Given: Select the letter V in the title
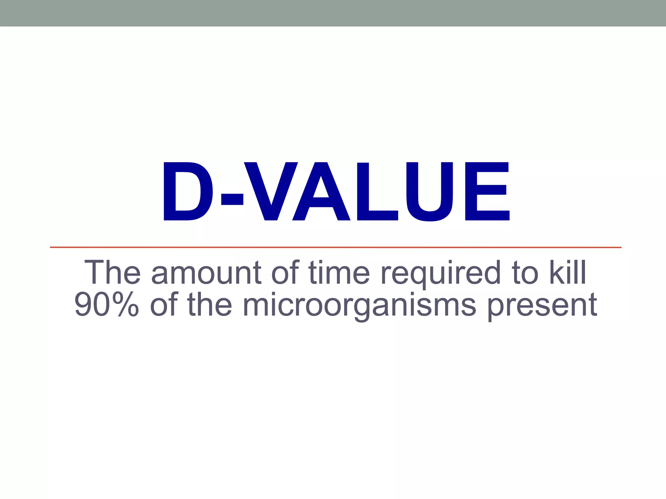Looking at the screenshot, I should [271, 192].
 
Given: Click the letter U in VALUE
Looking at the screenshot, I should [430, 192].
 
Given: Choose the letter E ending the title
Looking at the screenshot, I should [487, 192].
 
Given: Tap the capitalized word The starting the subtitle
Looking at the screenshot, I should [113, 273].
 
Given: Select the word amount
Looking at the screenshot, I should [206, 273].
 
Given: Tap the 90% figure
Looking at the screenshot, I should [107, 304].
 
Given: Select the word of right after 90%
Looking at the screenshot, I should [164, 304].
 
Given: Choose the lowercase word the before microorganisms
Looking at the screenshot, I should [210, 304].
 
